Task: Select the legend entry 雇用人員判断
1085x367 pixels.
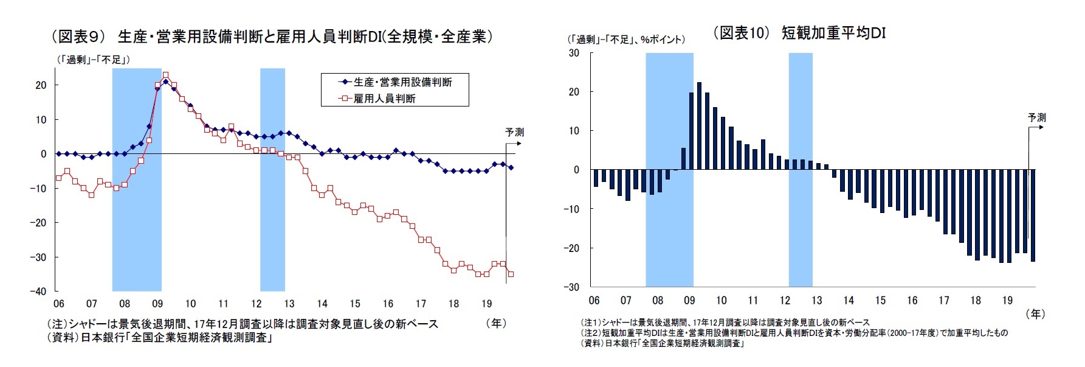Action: click(384, 98)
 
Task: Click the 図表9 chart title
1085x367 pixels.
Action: click(272, 37)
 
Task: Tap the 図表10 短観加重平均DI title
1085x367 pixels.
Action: click(800, 33)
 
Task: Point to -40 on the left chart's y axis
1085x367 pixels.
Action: click(38, 292)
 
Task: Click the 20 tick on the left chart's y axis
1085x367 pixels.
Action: click(41, 85)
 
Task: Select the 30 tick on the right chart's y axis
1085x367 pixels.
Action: click(574, 53)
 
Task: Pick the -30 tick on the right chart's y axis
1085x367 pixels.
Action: click(571, 287)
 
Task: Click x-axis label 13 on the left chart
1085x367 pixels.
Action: click(289, 304)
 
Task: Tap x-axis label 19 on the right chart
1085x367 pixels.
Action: click(1007, 300)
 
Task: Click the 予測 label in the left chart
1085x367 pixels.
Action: click(514, 132)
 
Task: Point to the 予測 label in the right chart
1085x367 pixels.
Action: click(1037, 117)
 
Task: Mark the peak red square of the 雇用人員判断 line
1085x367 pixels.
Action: click(166, 75)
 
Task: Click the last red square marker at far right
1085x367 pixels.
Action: click(511, 274)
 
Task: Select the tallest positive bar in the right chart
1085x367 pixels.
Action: click(699, 126)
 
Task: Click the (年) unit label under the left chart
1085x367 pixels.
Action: click(496, 323)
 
